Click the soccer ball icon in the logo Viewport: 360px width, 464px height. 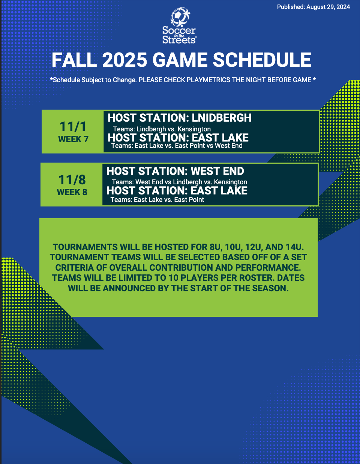coord(180,16)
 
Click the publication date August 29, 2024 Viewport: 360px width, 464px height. coord(328,7)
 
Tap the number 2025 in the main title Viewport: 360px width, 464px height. coord(125,60)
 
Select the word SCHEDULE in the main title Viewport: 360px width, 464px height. coord(262,60)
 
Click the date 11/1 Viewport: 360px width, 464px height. coord(73,127)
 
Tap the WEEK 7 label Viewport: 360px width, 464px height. coord(73,139)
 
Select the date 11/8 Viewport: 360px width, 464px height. coord(72,179)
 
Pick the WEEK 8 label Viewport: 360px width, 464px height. coord(72,192)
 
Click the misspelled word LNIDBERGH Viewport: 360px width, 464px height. coord(222,118)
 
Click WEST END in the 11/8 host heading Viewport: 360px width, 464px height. coord(217,171)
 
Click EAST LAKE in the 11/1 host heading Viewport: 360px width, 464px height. coord(220,137)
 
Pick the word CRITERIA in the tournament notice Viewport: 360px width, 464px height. coord(74,268)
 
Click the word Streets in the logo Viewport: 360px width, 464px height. coord(179,40)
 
